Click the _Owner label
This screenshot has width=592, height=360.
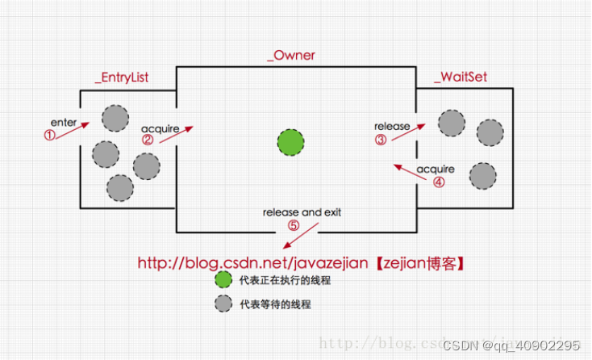click(x=291, y=56)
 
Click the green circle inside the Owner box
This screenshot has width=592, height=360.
click(x=290, y=142)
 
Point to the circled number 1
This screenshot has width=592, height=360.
click(x=50, y=136)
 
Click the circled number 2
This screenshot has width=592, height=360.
click(x=148, y=139)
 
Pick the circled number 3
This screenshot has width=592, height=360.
click(x=381, y=138)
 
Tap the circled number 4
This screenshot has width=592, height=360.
click(x=438, y=182)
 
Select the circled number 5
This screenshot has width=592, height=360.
click(x=293, y=225)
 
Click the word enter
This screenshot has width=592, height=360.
click(x=64, y=121)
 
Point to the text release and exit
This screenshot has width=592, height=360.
click(x=302, y=212)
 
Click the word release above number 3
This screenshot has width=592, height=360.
click(x=392, y=126)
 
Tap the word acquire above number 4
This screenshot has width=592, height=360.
click(x=436, y=170)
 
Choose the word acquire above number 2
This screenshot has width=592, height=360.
click(x=161, y=128)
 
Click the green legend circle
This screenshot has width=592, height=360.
click(x=223, y=281)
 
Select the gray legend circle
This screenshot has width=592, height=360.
click(x=223, y=304)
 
